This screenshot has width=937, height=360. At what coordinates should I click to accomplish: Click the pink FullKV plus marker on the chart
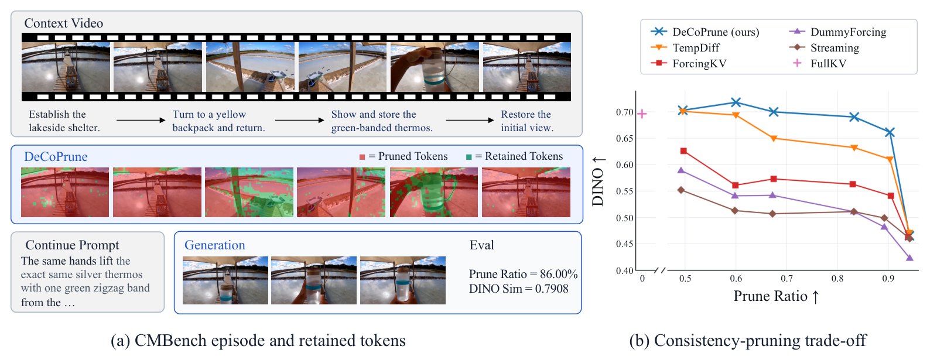tap(642, 114)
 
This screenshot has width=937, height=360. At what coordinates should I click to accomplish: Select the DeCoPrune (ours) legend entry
tap(705, 32)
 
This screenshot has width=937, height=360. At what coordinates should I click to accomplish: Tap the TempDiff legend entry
tap(685, 47)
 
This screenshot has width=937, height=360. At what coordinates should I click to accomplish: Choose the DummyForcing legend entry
tap(838, 32)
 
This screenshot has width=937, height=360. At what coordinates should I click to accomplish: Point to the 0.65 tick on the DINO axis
tap(624, 138)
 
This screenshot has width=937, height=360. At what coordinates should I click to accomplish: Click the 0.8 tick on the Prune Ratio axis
tap(837, 279)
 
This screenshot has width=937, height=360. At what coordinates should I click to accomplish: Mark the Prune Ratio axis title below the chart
tap(777, 296)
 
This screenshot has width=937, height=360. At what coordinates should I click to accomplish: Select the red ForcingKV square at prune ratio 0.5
tap(683, 151)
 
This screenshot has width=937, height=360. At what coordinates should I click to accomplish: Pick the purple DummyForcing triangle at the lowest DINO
tap(909, 258)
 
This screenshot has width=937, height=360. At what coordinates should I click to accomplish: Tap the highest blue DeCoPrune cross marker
tap(736, 102)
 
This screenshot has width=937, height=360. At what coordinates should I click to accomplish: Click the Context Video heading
tap(64, 23)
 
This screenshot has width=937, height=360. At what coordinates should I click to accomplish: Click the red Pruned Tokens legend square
tap(363, 157)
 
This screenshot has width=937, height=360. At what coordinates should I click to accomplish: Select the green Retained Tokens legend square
tap(469, 157)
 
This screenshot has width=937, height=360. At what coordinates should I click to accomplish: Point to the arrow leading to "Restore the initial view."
tap(470, 120)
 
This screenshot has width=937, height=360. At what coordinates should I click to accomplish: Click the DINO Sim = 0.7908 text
tap(519, 289)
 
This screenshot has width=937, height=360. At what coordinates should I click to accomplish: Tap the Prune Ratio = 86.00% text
tap(524, 274)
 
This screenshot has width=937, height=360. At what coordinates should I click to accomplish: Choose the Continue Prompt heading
tap(73, 245)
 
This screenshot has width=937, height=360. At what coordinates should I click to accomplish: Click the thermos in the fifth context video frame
tap(434, 69)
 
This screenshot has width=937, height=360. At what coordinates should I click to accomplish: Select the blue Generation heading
tap(214, 245)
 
